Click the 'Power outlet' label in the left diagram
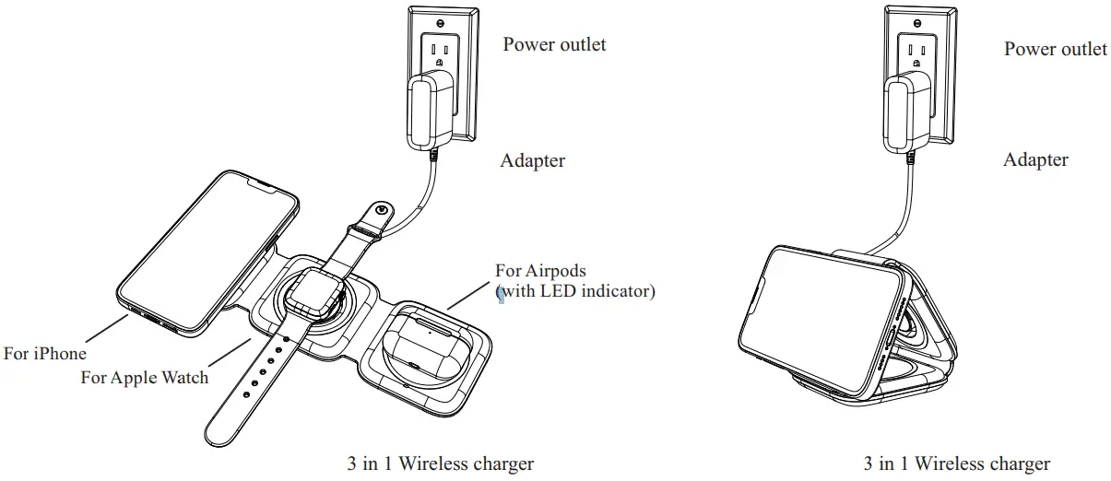554,44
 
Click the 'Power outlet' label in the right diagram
1055,49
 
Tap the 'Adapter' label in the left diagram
532,161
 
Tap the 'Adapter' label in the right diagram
1035,160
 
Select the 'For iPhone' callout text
44,354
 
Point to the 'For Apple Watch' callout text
145,377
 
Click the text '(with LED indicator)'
576,292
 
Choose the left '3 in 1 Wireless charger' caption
439,463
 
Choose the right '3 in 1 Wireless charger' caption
956,463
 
